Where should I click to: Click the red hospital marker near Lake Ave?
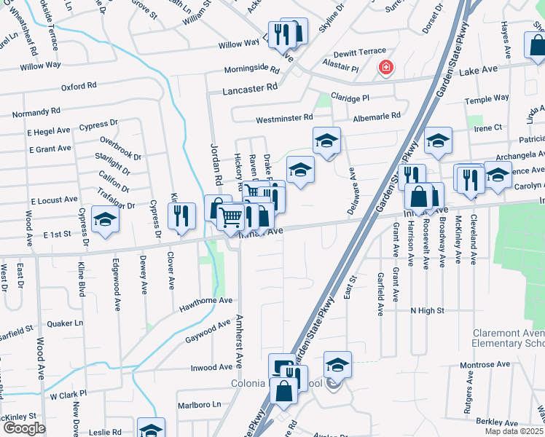pos(385,68)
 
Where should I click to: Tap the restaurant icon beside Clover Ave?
pos(181,216)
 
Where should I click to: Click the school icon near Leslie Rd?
pos(151,430)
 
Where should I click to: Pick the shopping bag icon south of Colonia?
pos(283,391)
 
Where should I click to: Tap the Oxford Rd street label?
pos(79,86)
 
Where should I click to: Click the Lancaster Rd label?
pos(251,87)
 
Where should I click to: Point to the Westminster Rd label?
pos(283,117)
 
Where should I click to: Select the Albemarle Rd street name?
pos(377,116)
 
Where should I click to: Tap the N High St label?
pos(427,311)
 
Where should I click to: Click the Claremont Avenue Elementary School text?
pos(509,337)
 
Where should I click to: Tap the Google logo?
pos(24,428)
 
